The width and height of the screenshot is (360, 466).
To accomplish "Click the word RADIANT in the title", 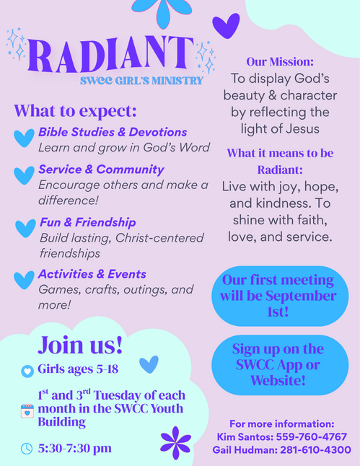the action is (110, 55).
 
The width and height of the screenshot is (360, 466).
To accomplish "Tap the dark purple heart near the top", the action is (226, 26).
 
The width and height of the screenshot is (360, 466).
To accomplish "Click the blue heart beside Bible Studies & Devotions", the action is (24, 138).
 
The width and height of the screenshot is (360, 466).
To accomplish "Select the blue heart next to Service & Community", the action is (24, 175).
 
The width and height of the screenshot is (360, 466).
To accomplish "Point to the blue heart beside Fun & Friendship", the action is (25, 228).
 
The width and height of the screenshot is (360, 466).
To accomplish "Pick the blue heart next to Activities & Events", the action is (24, 280).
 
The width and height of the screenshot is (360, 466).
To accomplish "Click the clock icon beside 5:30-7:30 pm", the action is (27, 449).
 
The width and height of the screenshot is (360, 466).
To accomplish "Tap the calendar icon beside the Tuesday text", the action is (27, 411).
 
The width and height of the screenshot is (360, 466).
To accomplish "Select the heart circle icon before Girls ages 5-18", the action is (27, 372).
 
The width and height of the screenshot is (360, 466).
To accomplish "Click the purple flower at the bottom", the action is (176, 443).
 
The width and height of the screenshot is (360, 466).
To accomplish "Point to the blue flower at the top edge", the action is (162, 12).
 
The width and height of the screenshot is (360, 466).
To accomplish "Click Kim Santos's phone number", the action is (311, 437).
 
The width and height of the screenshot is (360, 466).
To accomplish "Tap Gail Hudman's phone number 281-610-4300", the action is (315, 449).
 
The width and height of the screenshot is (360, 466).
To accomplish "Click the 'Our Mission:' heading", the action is (280, 62).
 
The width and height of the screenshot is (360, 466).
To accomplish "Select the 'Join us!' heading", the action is (80, 345).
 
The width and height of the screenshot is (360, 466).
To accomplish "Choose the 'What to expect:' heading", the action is (75, 111).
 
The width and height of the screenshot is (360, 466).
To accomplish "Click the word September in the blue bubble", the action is (301, 296).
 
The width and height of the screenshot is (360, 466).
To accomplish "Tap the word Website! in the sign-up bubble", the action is (278, 380).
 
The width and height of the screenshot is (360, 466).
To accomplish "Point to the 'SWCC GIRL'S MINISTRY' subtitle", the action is (141, 81).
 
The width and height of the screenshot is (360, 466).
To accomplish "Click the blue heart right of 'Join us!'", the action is (149, 365).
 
